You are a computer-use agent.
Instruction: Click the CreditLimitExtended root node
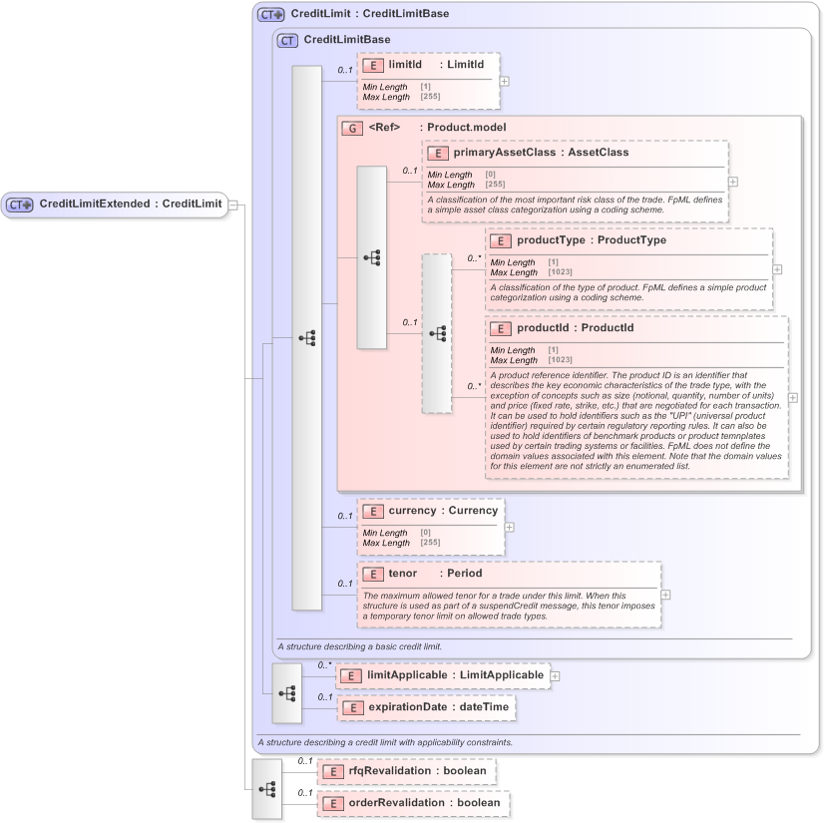click(115, 205)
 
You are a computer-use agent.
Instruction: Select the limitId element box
click(428, 81)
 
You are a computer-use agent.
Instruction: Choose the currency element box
click(431, 526)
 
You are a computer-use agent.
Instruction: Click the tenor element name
click(403, 574)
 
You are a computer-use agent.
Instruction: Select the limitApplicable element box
click(443, 675)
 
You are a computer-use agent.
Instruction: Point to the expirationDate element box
click(426, 706)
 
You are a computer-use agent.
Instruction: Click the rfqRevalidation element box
click(406, 771)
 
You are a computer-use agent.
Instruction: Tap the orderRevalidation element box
click(413, 803)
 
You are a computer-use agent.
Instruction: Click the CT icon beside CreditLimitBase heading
click(287, 41)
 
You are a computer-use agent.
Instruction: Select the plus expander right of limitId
click(505, 81)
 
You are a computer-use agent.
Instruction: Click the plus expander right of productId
click(793, 397)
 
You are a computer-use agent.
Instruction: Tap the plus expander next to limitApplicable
click(555, 675)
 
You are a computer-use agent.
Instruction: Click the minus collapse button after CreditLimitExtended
click(233, 205)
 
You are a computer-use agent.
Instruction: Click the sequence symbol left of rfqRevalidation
click(266, 788)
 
